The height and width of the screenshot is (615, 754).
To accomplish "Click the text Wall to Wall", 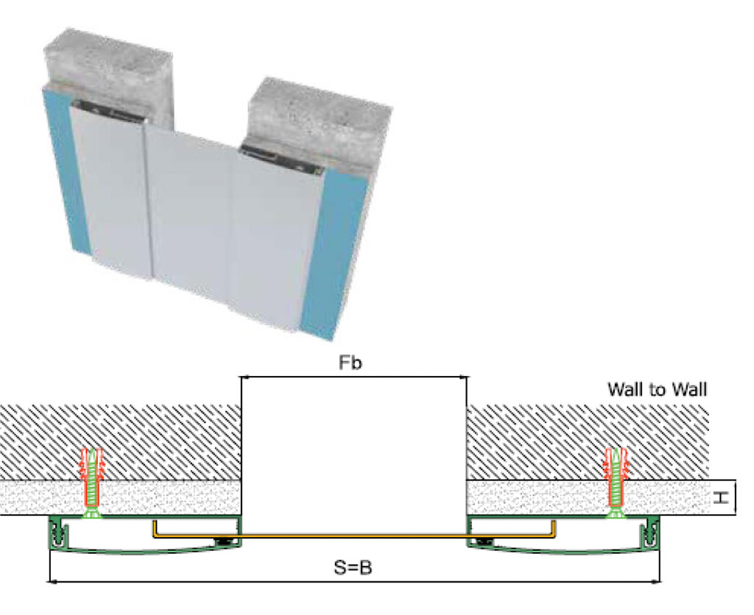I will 657,389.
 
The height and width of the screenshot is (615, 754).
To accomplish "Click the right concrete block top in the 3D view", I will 317,114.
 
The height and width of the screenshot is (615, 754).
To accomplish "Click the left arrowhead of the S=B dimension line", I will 52,582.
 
